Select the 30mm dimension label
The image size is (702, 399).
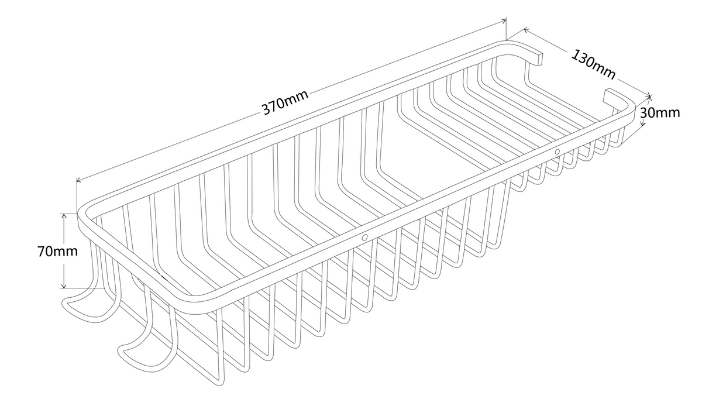pyautogui.click(x=660, y=112)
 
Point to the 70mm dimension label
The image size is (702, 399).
pyautogui.click(x=58, y=252)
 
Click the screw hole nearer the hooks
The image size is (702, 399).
pyautogui.click(x=364, y=238)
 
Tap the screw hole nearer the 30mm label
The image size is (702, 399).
pyautogui.click(x=557, y=152)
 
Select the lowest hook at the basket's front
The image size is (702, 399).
pyautogui.click(x=147, y=351)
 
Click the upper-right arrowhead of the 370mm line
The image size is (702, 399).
pyautogui.click(x=504, y=21)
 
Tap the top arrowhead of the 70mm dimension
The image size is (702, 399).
pyautogui.click(x=64, y=216)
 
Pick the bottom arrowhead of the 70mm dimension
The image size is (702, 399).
pyautogui.click(x=64, y=286)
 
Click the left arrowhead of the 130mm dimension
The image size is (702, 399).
pyautogui.click(x=526, y=30)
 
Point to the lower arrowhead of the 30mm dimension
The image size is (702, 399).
pyautogui.click(x=642, y=122)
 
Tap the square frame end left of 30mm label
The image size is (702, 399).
pyautogui.click(x=607, y=96)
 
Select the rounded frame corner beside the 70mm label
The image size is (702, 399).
pyautogui.click(x=83, y=213)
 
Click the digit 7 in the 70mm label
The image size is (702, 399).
pyautogui.click(x=42, y=252)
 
